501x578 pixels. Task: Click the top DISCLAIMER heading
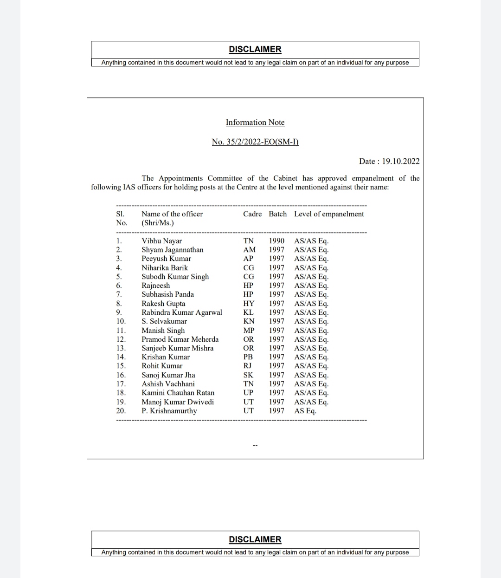pyautogui.click(x=255, y=49)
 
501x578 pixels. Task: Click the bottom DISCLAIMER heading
pyautogui.click(x=255, y=539)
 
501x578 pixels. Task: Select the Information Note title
pyautogui.click(x=255, y=122)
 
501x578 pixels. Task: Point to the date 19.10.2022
pyautogui.click(x=401, y=161)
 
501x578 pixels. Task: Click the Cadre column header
pyautogui.click(x=252, y=214)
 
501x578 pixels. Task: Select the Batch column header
pyautogui.click(x=277, y=214)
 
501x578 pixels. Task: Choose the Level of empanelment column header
pyautogui.click(x=329, y=214)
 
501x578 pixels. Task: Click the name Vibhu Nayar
pyautogui.click(x=161, y=241)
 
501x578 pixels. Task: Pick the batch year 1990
pyautogui.click(x=276, y=241)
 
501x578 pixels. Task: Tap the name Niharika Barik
pyautogui.click(x=165, y=268)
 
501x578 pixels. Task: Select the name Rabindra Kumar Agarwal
pyautogui.click(x=182, y=312)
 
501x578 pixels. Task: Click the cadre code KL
pyautogui.click(x=248, y=312)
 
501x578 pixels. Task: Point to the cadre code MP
pyautogui.click(x=249, y=331)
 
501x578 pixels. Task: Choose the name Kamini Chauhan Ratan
pyautogui.click(x=178, y=393)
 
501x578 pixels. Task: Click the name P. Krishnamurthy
pyautogui.click(x=169, y=411)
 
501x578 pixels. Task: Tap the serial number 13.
pyautogui.click(x=121, y=348)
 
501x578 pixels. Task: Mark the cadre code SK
pyautogui.click(x=248, y=375)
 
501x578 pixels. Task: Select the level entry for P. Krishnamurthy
pyautogui.click(x=305, y=411)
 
